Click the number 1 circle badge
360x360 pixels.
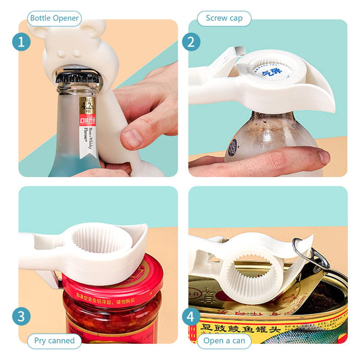pos(22,42)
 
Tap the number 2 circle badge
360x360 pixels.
pos(191,42)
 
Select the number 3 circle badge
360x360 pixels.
pos(22,315)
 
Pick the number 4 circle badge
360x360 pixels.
pos(191,315)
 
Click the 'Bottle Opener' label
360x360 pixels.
pos(54,18)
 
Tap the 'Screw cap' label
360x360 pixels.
pos(224,18)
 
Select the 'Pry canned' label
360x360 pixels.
pos(54,340)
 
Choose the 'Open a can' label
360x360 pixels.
pos(224,340)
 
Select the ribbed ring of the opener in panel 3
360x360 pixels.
pos(101,240)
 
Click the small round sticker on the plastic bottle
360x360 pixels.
pos(232,146)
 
